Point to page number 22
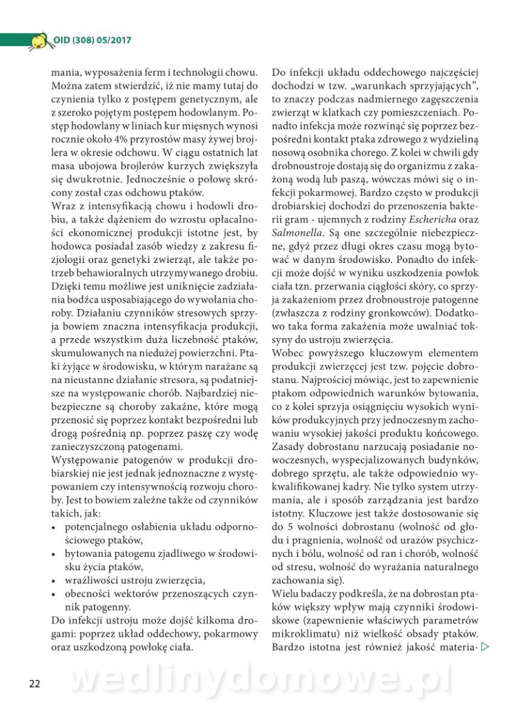click(35, 683)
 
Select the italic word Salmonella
click(295, 231)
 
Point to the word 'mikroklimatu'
click(301, 634)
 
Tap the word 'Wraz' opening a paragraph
click(63, 205)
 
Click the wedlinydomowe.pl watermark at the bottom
click(261, 680)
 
